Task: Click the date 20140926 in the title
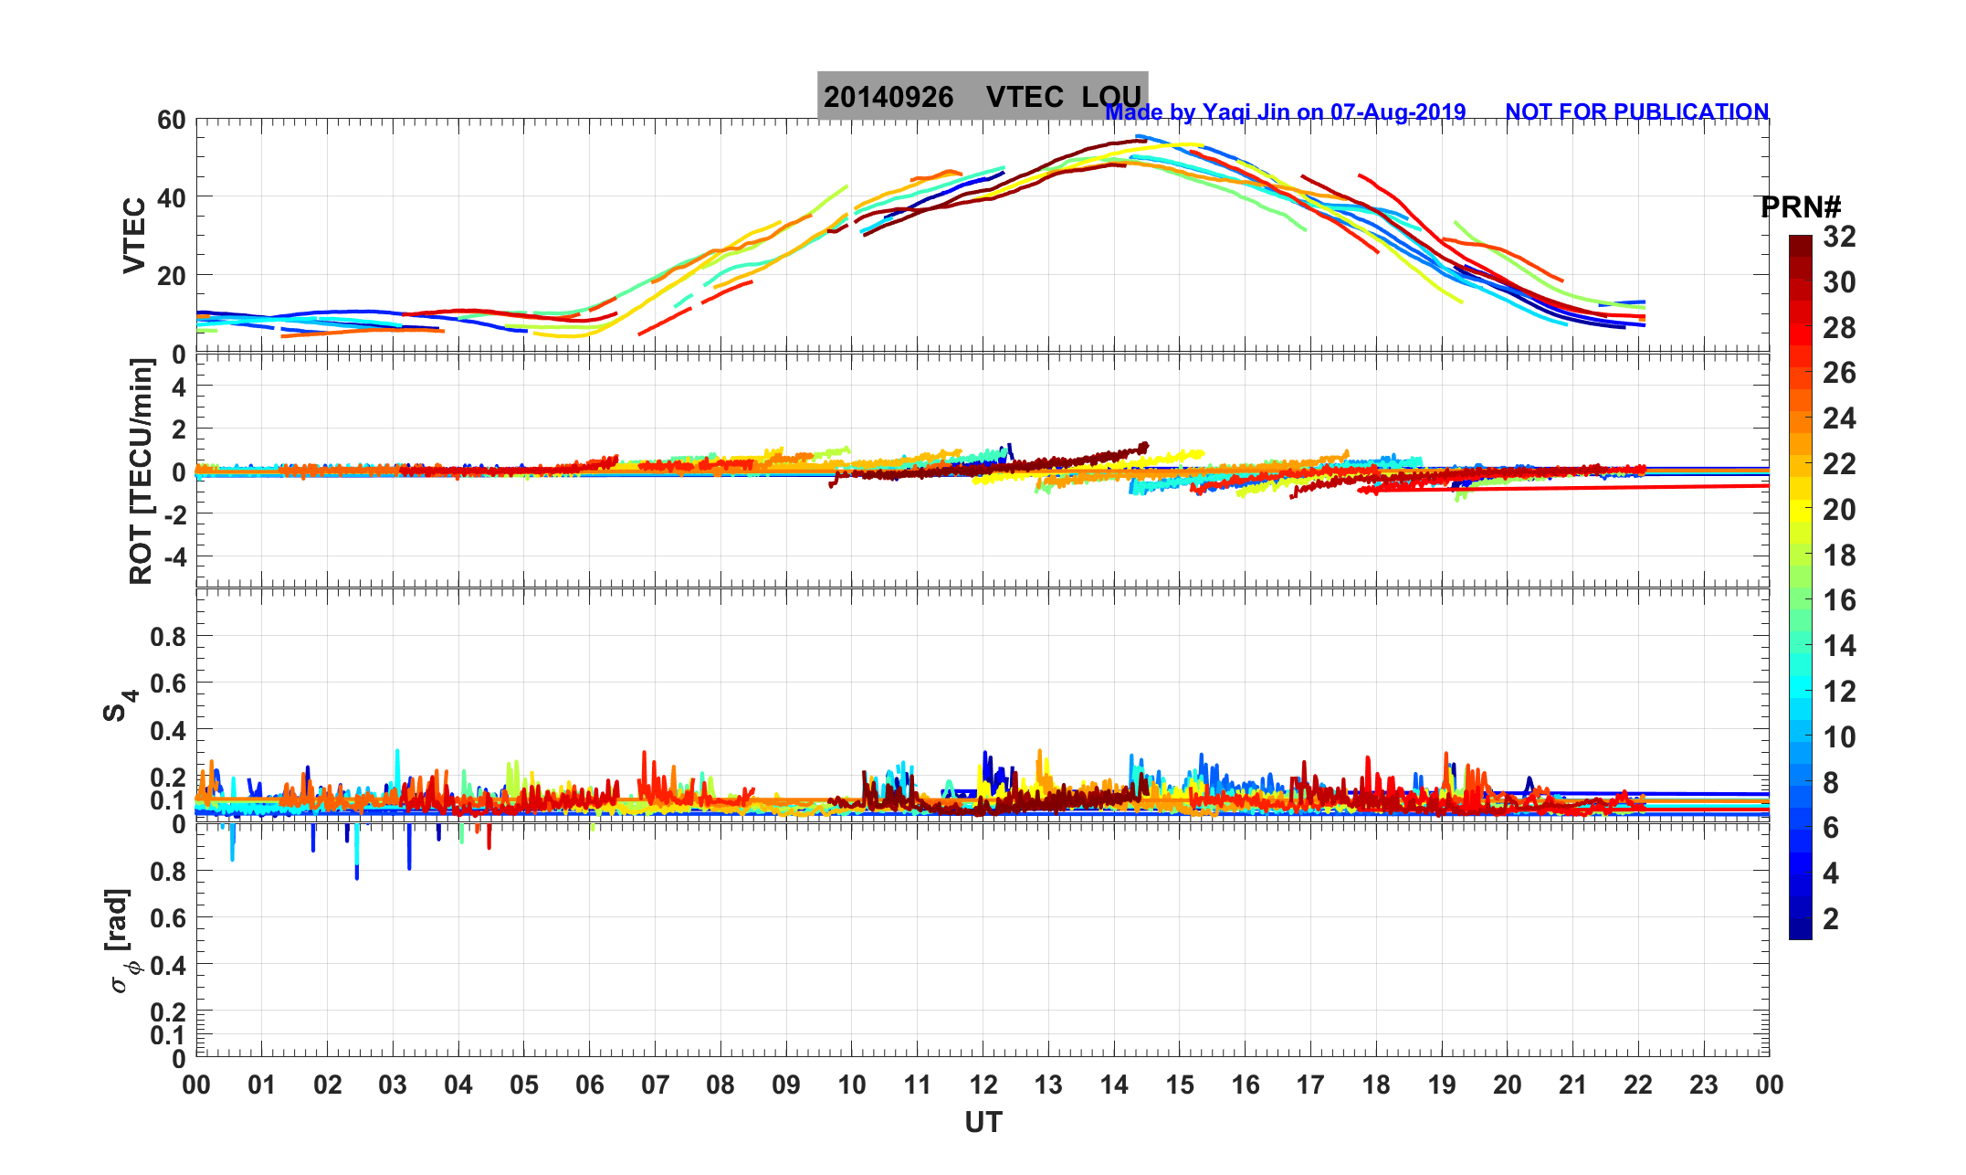pyautogui.click(x=888, y=97)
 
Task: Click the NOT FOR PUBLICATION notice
pyautogui.click(x=1636, y=111)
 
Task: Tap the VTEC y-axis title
pyautogui.click(x=134, y=236)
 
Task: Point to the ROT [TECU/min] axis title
pyautogui.click(x=142, y=471)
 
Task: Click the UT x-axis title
pyautogui.click(x=983, y=1122)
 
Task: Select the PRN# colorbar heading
pyautogui.click(x=1800, y=207)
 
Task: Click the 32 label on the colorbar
pyautogui.click(x=1839, y=237)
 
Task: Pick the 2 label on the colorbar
pyautogui.click(x=1831, y=919)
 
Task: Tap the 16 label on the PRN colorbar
pyautogui.click(x=1839, y=600)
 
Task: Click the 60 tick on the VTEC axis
pyautogui.click(x=171, y=120)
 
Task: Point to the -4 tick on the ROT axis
pyautogui.click(x=173, y=556)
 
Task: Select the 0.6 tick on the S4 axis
pyautogui.click(x=168, y=683)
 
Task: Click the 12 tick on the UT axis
pyautogui.click(x=983, y=1085)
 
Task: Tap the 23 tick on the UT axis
pyautogui.click(x=1704, y=1085)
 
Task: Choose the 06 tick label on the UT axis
pyautogui.click(x=590, y=1085)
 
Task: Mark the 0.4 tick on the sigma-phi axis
pyautogui.click(x=168, y=965)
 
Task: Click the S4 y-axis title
pyautogui.click(x=120, y=704)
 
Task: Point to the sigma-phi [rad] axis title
pyautogui.click(x=122, y=940)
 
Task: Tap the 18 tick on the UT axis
pyautogui.click(x=1376, y=1085)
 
